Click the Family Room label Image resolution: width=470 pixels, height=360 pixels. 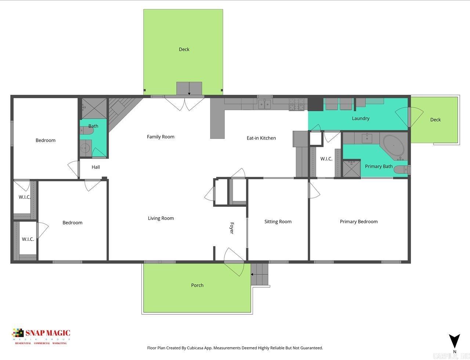coord(160,137)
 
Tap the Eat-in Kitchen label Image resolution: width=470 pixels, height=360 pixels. coord(261,138)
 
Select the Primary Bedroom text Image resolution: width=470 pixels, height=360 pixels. coord(358,222)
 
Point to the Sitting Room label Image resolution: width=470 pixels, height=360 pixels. coord(278,222)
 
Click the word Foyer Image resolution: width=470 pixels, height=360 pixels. coord(232,228)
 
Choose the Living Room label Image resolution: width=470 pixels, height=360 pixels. coord(161,218)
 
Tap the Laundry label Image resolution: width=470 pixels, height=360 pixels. coord(361,118)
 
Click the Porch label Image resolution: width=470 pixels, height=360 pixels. coord(197,285)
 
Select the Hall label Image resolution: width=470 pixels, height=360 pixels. coord(96,167)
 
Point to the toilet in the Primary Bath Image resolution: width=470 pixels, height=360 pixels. coord(402,170)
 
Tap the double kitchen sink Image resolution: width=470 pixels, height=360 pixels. coord(264,104)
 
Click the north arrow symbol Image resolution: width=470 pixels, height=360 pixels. coord(455,341)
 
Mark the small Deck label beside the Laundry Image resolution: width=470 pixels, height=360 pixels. coord(435,120)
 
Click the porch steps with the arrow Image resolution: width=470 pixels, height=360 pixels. coord(260,274)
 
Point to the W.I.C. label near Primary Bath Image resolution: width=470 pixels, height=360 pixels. coord(326,159)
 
